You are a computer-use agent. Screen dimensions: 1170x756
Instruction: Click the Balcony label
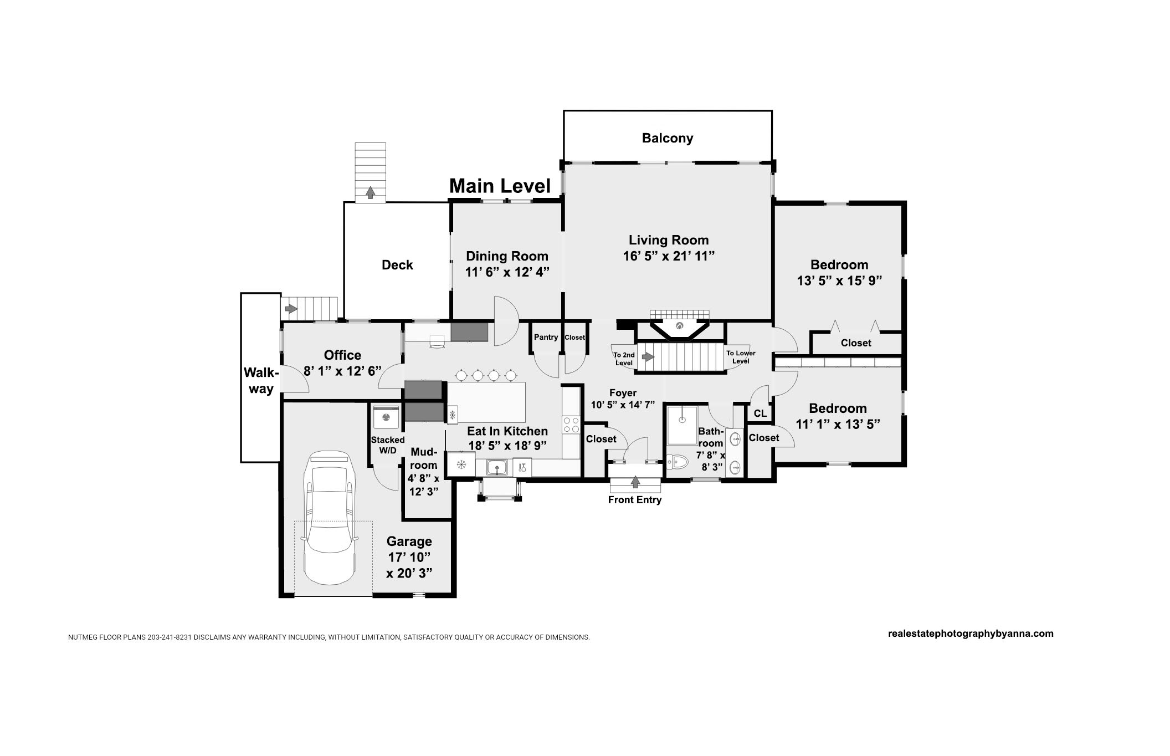click(x=668, y=138)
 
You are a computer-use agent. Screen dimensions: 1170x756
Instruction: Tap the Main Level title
click(x=500, y=186)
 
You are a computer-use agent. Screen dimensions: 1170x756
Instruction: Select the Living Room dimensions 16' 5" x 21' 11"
click(x=669, y=256)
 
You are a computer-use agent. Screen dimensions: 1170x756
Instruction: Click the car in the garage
click(x=329, y=518)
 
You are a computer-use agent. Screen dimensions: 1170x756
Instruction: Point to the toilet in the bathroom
click(x=677, y=461)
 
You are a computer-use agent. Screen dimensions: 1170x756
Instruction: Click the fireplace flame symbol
click(x=679, y=326)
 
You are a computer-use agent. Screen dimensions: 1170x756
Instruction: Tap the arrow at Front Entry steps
click(x=635, y=482)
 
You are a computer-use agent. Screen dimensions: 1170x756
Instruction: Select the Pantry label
click(x=546, y=337)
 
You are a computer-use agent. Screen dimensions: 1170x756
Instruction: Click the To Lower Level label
click(x=741, y=357)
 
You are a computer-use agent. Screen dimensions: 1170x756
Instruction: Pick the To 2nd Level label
click(x=624, y=359)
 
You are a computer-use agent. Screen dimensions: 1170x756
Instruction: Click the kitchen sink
click(x=497, y=467)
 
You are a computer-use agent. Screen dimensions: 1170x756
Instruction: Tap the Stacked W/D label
click(x=388, y=445)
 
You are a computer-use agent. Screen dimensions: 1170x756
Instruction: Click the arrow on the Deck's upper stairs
click(x=370, y=192)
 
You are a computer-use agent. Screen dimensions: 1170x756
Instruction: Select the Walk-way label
click(x=261, y=381)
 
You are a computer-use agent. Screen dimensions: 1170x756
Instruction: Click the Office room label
click(x=342, y=355)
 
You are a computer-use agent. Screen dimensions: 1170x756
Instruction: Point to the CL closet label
click(x=760, y=413)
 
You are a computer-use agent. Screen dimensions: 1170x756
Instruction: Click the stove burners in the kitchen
click(x=571, y=425)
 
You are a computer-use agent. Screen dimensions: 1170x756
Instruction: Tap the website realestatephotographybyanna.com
click(x=971, y=634)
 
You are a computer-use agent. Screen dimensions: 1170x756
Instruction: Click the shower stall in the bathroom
click(x=682, y=425)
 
